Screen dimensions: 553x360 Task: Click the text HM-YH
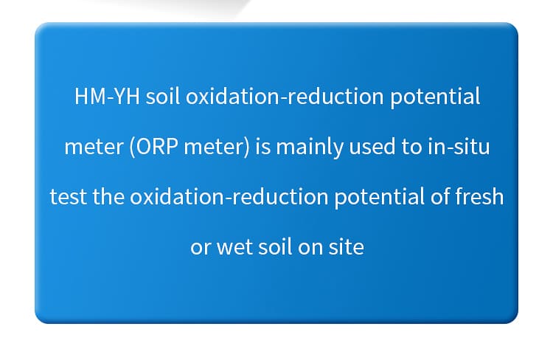(x=107, y=96)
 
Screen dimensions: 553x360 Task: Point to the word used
(x=372, y=147)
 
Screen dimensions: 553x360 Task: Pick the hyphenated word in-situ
(x=459, y=147)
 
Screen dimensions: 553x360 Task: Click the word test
(x=68, y=197)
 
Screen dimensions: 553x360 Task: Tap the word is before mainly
(x=262, y=147)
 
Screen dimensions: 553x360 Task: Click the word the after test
(x=108, y=196)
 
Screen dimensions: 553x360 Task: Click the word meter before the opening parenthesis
(x=94, y=148)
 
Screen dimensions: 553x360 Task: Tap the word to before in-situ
(x=411, y=148)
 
